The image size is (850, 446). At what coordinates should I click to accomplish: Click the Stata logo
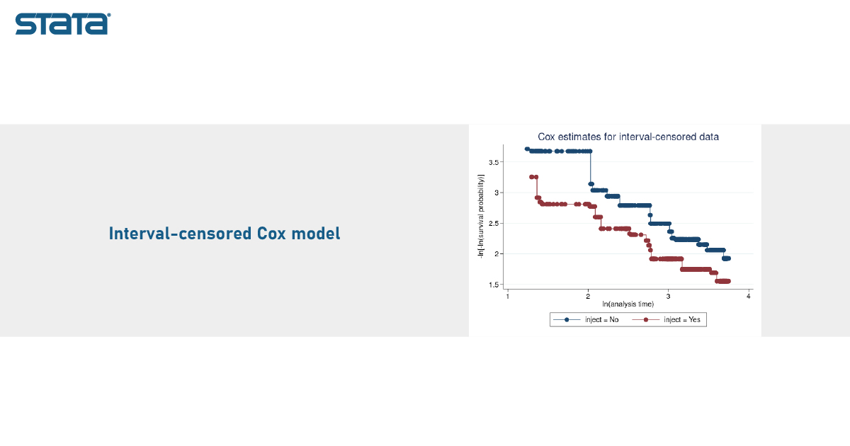click(63, 24)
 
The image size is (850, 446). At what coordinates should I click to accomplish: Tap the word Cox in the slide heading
click(271, 233)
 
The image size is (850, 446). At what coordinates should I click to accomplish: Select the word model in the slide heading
click(316, 233)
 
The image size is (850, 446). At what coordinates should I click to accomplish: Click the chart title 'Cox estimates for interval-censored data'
click(628, 137)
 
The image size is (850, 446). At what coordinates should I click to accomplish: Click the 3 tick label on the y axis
click(497, 193)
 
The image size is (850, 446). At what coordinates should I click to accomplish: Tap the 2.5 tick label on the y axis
click(494, 224)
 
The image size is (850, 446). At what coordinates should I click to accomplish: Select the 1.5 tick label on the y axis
click(494, 285)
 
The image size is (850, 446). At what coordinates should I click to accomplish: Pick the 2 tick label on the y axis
click(497, 253)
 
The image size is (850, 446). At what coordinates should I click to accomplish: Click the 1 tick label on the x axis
click(508, 296)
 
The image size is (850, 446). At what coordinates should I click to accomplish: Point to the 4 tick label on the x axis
click(748, 296)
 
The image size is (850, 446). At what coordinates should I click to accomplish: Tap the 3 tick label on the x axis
click(668, 296)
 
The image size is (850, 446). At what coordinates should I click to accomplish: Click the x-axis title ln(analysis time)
click(628, 304)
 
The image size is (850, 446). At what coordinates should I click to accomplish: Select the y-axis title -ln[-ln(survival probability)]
click(481, 217)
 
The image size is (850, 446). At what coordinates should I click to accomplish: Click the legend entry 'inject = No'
click(602, 320)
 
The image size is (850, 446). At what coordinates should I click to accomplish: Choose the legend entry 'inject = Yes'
click(682, 320)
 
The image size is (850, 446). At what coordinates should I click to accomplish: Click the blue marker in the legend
click(567, 320)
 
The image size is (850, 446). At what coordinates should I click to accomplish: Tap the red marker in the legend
click(646, 320)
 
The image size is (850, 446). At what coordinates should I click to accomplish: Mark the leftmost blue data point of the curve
click(527, 149)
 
